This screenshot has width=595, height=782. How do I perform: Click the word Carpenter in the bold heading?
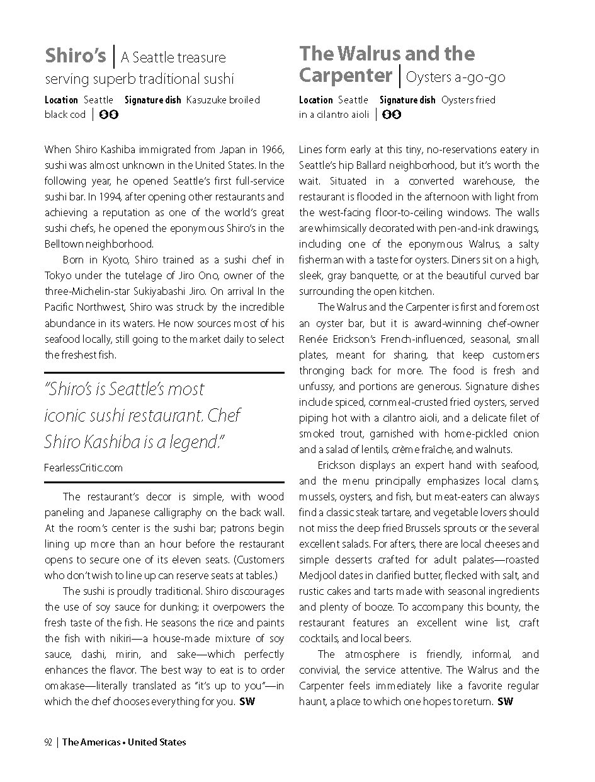(346, 76)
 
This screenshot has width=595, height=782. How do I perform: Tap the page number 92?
(48, 742)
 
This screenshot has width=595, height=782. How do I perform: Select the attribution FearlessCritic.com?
(84, 468)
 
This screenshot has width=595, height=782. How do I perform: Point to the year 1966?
(272, 150)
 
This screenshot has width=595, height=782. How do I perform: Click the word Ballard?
(376, 166)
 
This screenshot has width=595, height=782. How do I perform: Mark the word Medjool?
(319, 576)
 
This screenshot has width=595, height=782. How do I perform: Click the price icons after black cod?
(110, 115)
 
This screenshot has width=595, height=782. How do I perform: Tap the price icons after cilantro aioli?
(392, 115)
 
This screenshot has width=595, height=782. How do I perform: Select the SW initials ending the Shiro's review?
(247, 702)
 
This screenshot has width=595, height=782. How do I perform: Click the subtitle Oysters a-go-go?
(456, 78)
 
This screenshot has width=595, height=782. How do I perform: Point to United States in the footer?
(157, 742)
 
